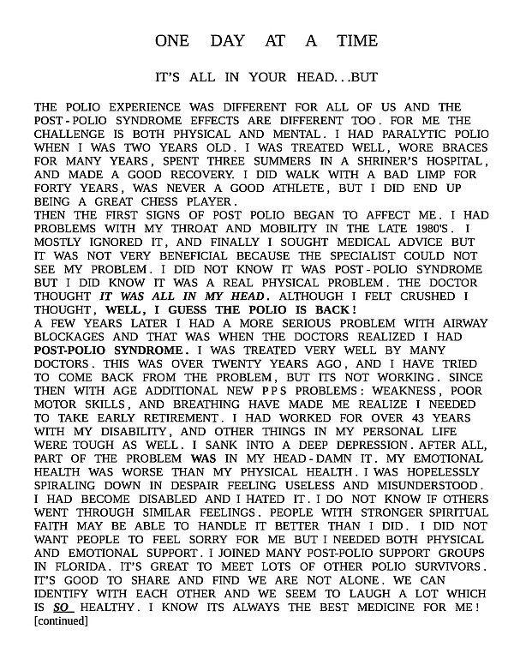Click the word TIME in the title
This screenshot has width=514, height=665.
(356, 41)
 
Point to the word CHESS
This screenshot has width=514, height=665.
(156, 201)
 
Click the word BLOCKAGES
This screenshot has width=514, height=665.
(74, 338)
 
